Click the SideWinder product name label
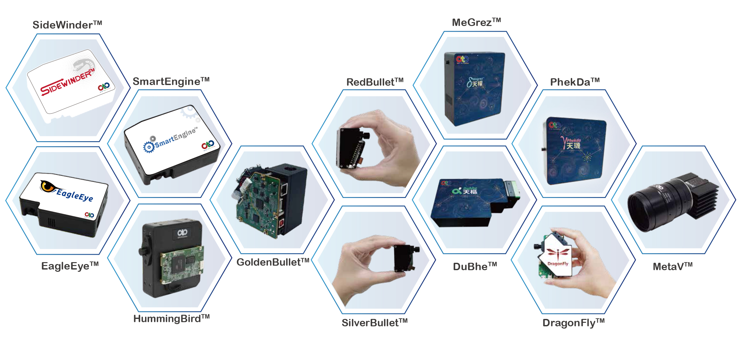coord(67,25)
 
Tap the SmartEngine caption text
coord(171,81)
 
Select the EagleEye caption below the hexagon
coord(70,266)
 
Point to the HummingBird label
coord(171,319)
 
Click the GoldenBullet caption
coord(273,262)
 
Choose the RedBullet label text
coord(375,82)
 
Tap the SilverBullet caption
coord(375,322)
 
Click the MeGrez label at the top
coord(476,22)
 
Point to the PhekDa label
coord(575,82)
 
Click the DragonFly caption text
coord(573,322)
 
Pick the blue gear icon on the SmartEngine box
coord(149,147)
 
